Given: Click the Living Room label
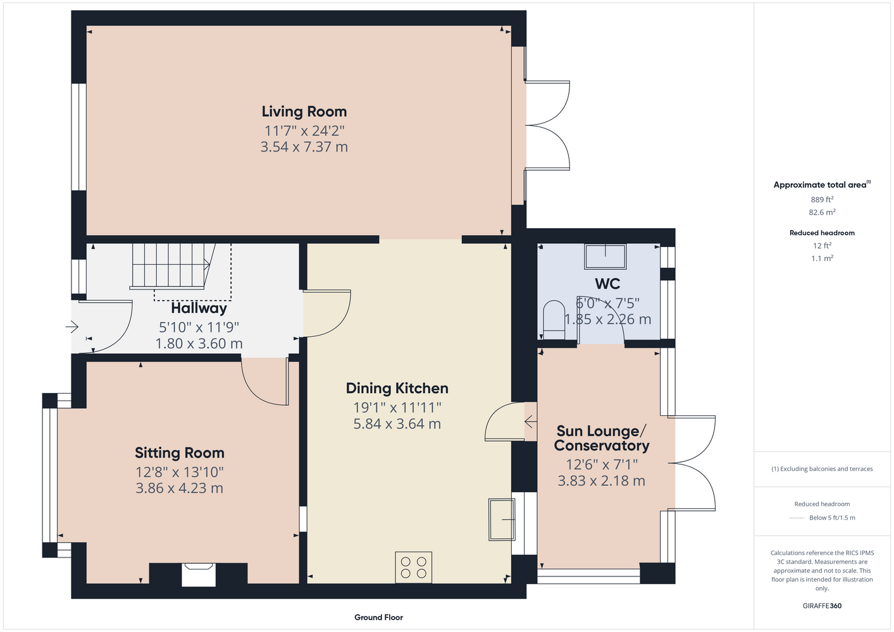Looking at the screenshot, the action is click(304, 112).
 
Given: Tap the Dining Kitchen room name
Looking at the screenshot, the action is click(397, 389).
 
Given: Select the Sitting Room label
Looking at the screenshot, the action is click(180, 453).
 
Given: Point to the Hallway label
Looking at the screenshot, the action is click(199, 308).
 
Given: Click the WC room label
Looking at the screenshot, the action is click(607, 284).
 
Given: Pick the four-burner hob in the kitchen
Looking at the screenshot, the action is click(414, 568).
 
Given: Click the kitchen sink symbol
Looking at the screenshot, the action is click(502, 520).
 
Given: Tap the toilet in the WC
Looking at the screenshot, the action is click(554, 320).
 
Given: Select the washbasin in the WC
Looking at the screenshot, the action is click(605, 257).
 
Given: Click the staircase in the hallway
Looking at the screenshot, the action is click(171, 266).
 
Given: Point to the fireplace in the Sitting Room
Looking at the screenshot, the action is click(199, 574).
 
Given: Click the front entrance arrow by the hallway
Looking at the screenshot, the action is click(72, 327).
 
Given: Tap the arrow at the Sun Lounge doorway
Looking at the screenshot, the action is click(530, 421).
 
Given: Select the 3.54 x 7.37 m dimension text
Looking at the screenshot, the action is click(304, 147).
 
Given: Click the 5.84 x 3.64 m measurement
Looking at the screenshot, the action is click(397, 423).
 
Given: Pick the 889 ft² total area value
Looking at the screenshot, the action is click(822, 199).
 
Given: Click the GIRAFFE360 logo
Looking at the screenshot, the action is click(822, 605).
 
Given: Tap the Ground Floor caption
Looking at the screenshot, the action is click(379, 617).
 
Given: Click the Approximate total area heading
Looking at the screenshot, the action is click(822, 184).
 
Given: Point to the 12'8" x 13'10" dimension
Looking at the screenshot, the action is click(180, 472).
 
